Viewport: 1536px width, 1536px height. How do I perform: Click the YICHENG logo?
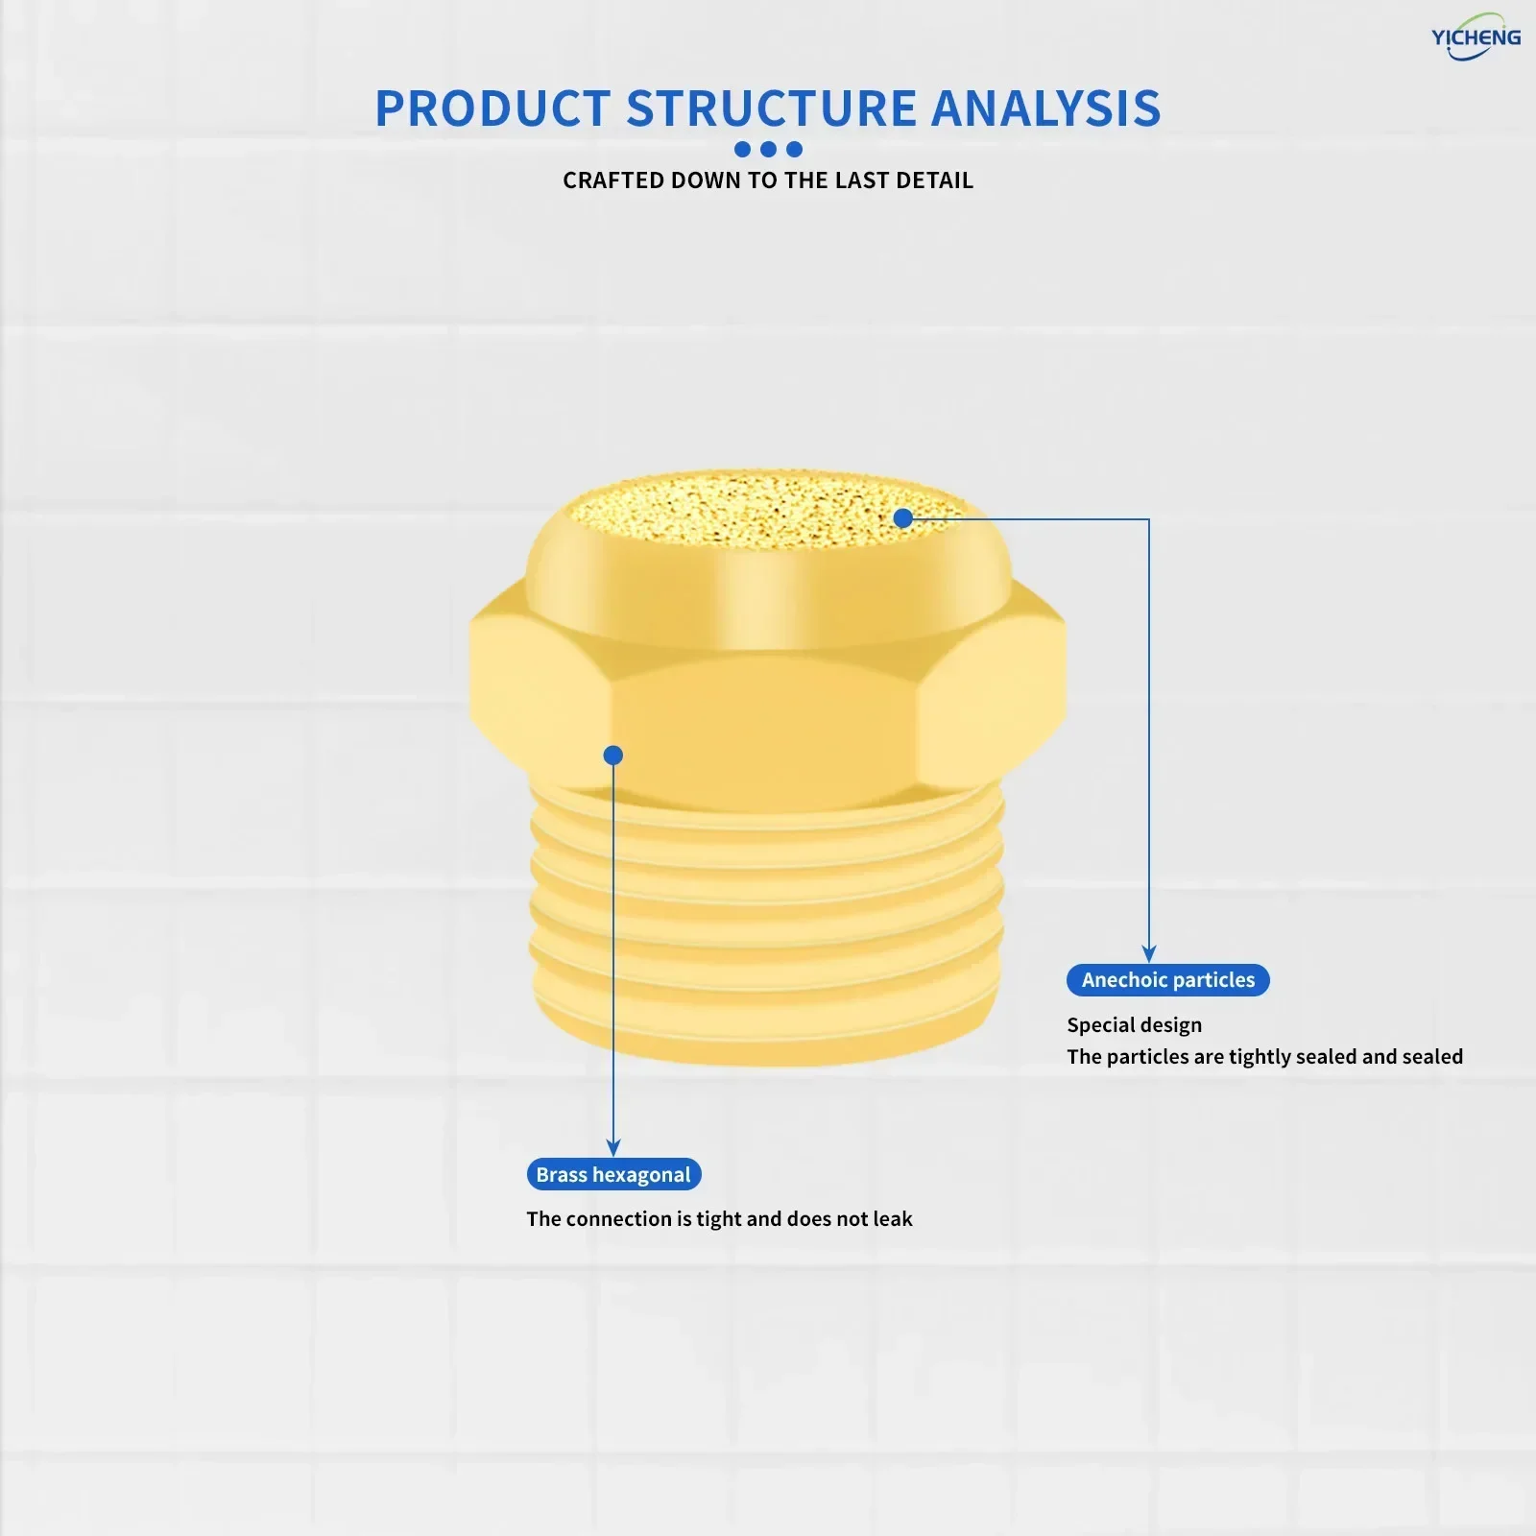pos(1476,37)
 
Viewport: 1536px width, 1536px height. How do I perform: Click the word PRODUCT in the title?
pos(492,108)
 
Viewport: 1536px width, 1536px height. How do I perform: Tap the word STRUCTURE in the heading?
pos(772,108)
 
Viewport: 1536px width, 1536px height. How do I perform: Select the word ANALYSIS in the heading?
pos(1046,108)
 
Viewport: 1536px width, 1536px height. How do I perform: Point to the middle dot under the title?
pos(768,149)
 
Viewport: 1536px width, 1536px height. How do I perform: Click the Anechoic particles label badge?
pos(1168,980)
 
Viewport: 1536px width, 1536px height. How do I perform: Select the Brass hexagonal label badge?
pos(613,1174)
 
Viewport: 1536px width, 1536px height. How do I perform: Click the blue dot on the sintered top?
pos(903,518)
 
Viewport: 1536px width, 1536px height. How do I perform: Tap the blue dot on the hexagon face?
pos(613,756)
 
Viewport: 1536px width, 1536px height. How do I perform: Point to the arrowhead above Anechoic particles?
pos(1149,954)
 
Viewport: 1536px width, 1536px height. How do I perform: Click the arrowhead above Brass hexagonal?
pos(613,1148)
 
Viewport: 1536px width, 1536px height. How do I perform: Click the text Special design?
pos(1135,1025)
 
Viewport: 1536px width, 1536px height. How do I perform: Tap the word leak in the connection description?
pos(893,1218)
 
